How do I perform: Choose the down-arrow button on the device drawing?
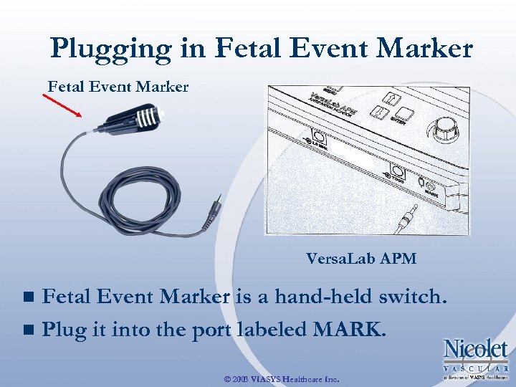click(381, 113)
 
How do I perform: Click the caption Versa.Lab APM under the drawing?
click(361, 259)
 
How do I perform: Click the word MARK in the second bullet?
click(350, 331)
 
